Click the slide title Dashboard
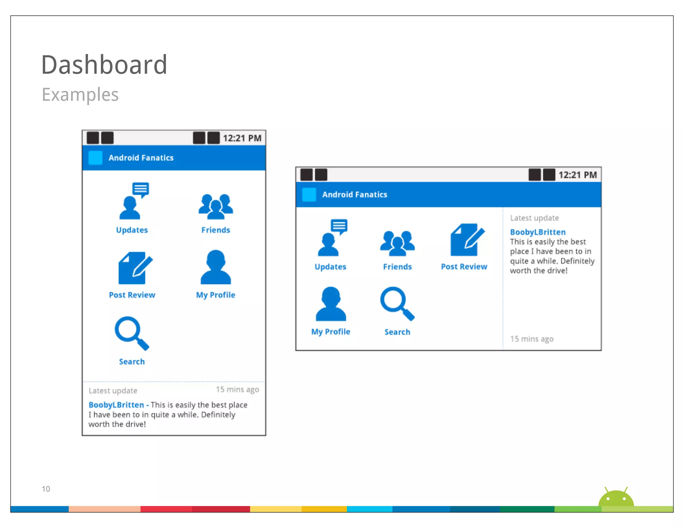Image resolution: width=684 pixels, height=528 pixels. tap(104, 65)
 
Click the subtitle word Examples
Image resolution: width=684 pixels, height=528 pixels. tap(80, 95)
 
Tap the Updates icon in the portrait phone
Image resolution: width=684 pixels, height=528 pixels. tap(133, 202)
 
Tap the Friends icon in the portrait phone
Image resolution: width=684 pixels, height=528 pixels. tap(216, 206)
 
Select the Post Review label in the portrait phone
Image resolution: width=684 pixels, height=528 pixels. tap(132, 295)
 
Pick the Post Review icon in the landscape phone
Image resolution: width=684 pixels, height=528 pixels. tap(467, 240)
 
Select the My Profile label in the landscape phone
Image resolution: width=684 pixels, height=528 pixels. tap(331, 332)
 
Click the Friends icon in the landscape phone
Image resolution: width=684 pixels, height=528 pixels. tap(397, 243)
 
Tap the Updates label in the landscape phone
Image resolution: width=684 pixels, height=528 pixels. tap(330, 267)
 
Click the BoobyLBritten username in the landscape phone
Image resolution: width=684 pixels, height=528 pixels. tap(538, 232)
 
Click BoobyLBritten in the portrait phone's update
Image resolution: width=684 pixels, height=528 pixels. tap(116, 405)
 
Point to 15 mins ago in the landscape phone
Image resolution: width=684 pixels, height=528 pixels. tap(532, 339)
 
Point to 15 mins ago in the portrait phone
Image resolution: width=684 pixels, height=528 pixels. tap(237, 389)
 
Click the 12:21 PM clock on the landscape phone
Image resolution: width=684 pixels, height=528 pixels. tap(577, 175)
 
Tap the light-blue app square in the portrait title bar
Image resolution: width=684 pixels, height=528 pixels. tap(95, 158)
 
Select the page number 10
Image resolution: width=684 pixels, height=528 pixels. tap(46, 489)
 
